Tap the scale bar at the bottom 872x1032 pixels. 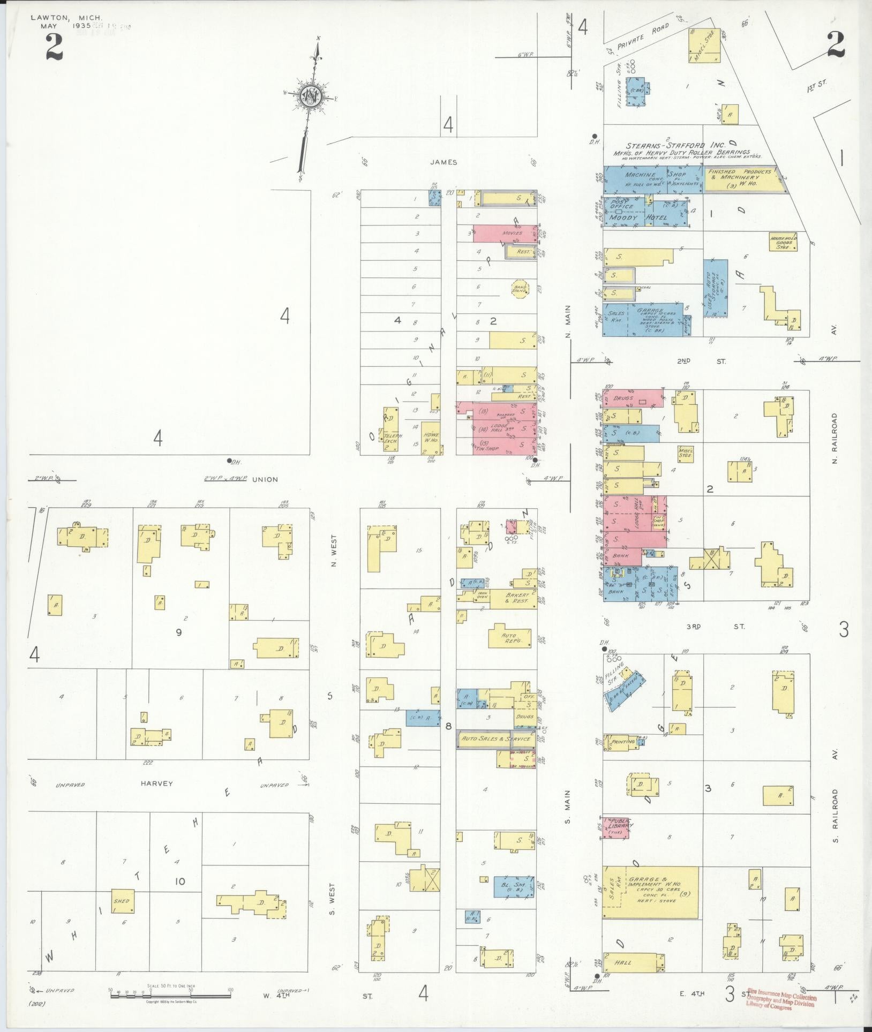coord(170,995)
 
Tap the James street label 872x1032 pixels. coord(443,162)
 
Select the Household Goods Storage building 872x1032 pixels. coord(783,242)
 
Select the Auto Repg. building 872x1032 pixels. coord(509,637)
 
